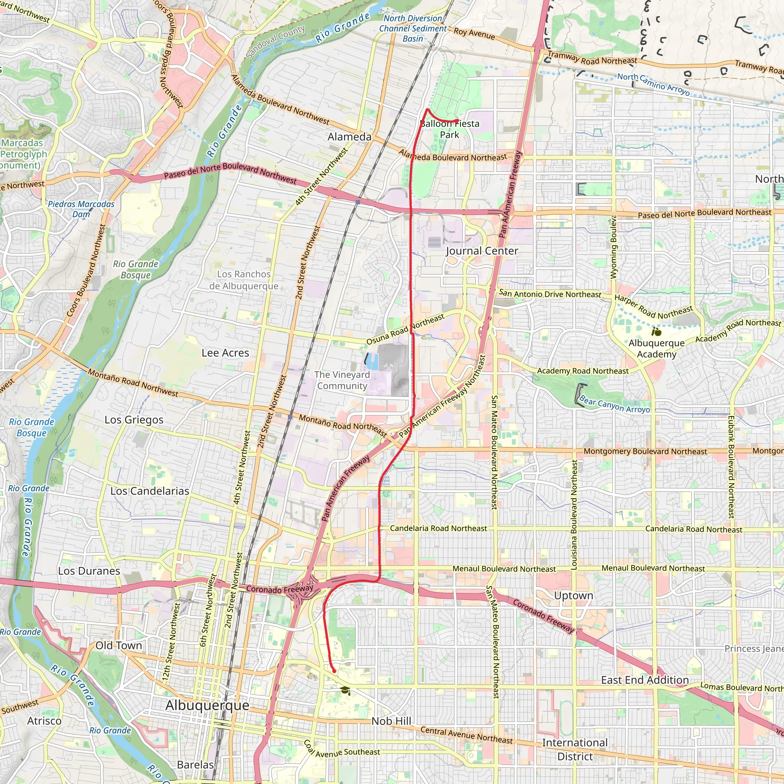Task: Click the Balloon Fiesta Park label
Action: pyautogui.click(x=450, y=129)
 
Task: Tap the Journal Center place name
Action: pyautogui.click(x=482, y=251)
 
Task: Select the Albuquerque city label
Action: pyautogui.click(x=207, y=705)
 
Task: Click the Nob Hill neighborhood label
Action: pyautogui.click(x=391, y=721)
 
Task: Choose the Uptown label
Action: pyautogui.click(x=573, y=595)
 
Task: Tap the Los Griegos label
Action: pyautogui.click(x=134, y=420)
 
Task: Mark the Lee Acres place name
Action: pyautogui.click(x=225, y=353)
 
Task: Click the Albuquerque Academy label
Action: pyautogui.click(x=656, y=349)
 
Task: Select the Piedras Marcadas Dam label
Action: pyautogui.click(x=81, y=209)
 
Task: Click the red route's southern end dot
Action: pyautogui.click(x=334, y=671)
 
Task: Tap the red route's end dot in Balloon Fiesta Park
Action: pyautogui.click(x=457, y=121)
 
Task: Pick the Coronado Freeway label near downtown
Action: pyautogui.click(x=279, y=589)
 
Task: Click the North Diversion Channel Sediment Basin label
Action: pyautogui.click(x=413, y=28)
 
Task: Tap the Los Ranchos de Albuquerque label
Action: pyautogui.click(x=243, y=280)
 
